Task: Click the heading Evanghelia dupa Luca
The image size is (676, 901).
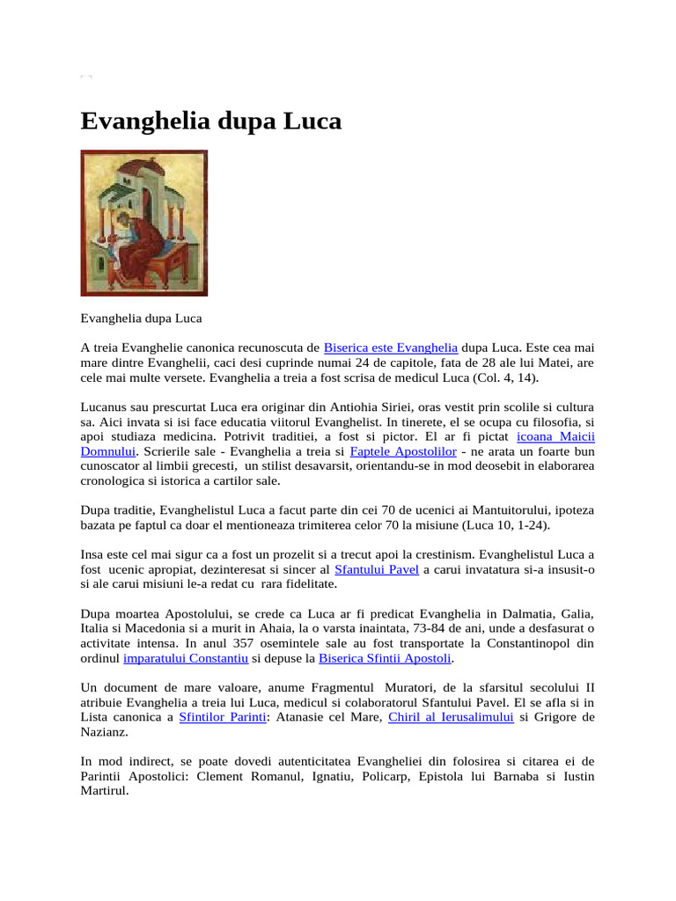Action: pos(210,121)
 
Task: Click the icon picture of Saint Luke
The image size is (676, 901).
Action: pos(144,223)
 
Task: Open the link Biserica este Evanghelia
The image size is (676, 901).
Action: pos(390,347)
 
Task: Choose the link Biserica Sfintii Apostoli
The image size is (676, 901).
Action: pos(385,658)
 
